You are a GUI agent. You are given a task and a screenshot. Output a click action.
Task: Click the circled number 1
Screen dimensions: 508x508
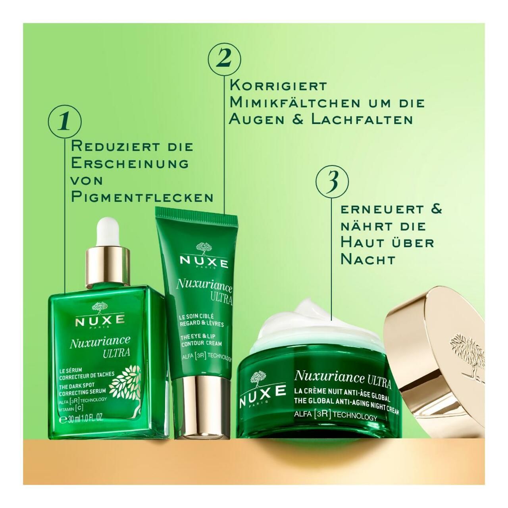[64, 121]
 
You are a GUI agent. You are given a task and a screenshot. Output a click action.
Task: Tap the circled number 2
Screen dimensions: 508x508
[225, 59]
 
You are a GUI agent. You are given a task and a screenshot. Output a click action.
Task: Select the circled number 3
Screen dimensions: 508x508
[332, 182]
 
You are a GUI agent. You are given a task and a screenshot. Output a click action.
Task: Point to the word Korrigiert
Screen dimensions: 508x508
[278, 85]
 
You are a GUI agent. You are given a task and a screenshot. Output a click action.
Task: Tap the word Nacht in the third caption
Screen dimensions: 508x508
[368, 259]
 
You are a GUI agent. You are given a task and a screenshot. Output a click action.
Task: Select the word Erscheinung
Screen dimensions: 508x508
[129, 163]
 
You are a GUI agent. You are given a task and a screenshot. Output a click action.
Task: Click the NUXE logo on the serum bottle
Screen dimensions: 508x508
[100, 320]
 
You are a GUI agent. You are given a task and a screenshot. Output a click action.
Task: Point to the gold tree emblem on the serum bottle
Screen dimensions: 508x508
[126, 383]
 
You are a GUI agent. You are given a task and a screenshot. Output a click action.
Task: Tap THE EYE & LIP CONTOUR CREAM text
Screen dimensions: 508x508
[201, 340]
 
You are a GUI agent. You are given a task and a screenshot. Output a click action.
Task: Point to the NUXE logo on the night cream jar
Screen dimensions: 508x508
[262, 391]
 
